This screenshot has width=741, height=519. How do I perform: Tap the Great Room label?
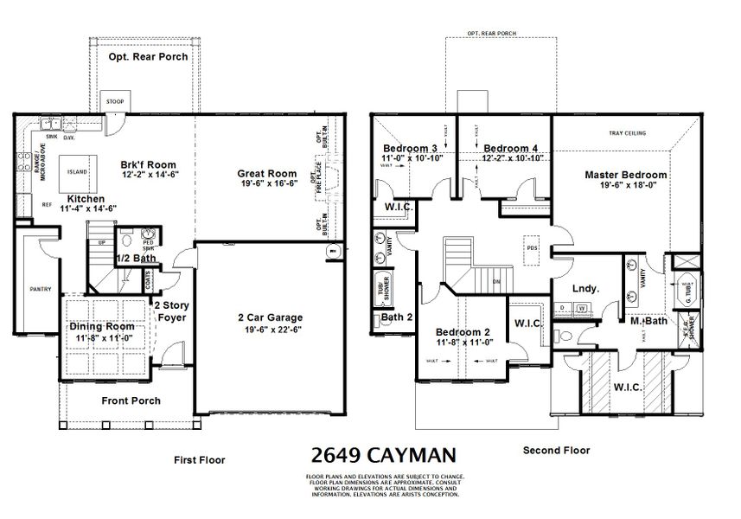267,174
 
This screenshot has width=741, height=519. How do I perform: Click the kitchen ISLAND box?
77,171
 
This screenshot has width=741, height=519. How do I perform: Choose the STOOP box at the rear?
115,99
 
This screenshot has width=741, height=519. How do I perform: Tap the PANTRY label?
40,289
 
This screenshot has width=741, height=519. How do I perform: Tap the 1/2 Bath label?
135,258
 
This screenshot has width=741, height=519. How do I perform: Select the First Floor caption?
199,460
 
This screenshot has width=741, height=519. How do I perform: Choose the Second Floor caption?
556,450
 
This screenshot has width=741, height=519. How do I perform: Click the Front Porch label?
131,400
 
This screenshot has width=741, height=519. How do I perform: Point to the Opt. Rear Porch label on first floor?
148,57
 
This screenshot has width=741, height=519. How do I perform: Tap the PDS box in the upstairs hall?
530,247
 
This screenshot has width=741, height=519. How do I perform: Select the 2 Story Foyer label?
172,311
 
